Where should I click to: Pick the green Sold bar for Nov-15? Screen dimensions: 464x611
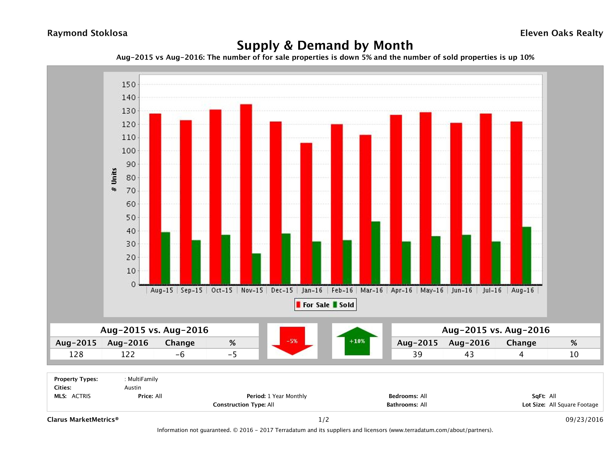tap(256, 269)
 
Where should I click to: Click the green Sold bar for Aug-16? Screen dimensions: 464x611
tap(527, 256)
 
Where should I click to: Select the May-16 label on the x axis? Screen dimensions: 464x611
tap(432, 290)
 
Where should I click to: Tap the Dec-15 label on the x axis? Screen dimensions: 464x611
tap(282, 290)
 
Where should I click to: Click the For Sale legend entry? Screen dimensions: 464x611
tap(313, 305)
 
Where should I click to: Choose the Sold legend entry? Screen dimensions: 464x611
tap(344, 305)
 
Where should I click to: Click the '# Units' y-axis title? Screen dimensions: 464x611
tap(114, 180)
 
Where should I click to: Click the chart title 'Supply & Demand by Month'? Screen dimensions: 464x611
tap(325, 45)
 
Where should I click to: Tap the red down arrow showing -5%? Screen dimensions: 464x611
tap(292, 341)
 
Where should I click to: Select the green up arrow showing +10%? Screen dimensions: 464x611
tap(357, 341)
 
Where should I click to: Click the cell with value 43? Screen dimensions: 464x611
tap(469, 354)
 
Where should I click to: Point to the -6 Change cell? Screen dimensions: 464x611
tap(180, 354)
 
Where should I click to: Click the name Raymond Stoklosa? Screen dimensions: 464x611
tap(87, 33)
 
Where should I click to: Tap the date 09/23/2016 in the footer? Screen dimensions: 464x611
tap(584, 419)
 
